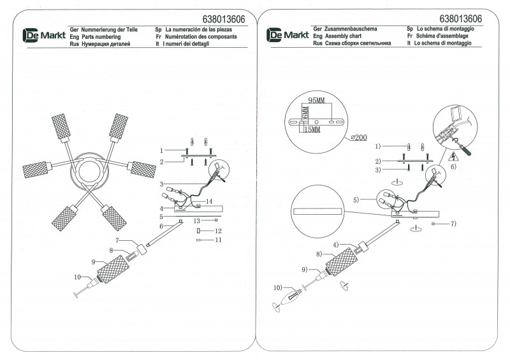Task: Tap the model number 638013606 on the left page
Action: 215,19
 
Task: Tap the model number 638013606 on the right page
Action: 460,19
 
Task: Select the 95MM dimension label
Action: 317,101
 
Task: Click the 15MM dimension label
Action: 312,129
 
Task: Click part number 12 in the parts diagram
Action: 217,230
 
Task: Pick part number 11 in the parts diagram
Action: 217,240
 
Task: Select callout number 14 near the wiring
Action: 208,202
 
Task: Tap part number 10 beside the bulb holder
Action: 78,277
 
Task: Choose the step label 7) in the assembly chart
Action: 453,224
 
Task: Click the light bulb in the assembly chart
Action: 295,296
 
